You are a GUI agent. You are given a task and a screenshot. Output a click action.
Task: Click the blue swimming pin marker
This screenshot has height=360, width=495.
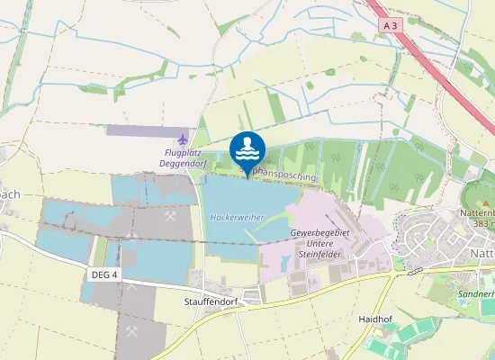(247, 149)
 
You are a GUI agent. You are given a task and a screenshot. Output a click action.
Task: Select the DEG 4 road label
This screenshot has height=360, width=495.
(104, 274)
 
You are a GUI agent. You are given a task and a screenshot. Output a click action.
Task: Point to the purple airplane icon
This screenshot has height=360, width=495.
(184, 139)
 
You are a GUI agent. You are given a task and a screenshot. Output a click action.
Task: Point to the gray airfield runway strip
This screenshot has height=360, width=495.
(148, 130)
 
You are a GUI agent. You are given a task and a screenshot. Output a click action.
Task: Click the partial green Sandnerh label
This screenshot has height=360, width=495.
(476, 294)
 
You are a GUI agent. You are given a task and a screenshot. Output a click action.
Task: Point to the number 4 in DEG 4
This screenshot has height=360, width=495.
(115, 274)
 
